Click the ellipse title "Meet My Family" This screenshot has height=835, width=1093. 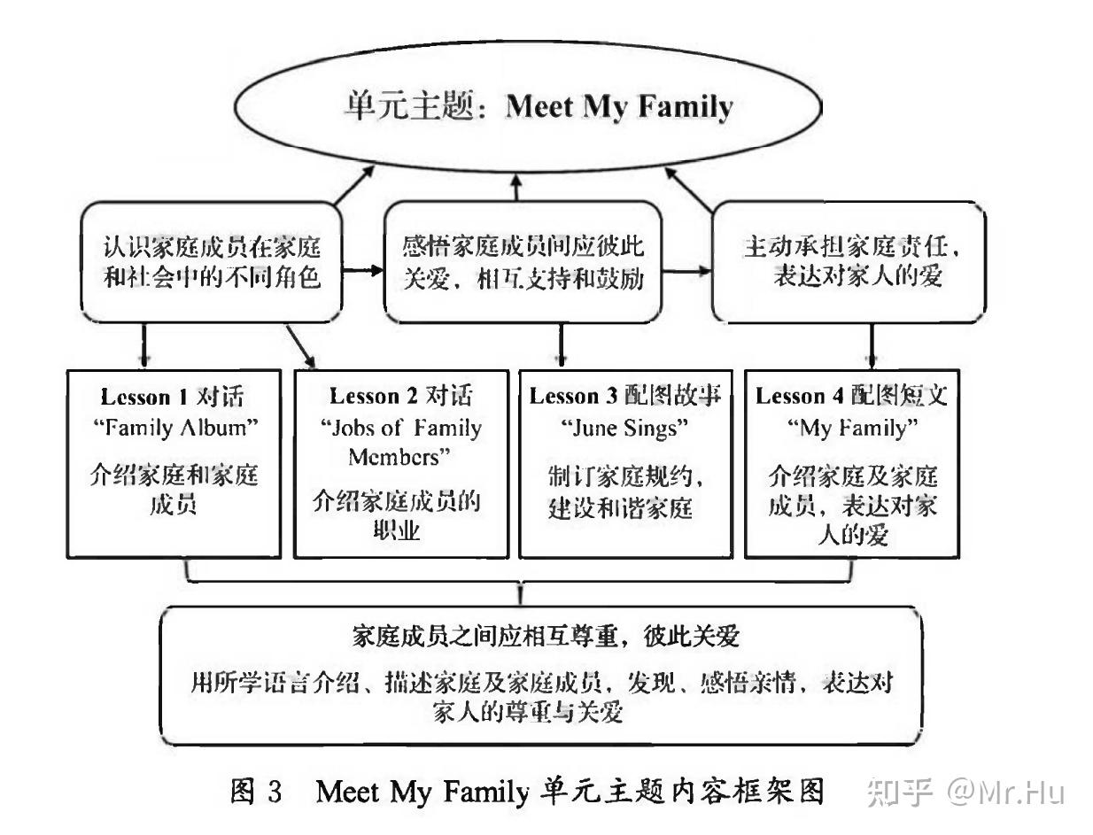[619, 106]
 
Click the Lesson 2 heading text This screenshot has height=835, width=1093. [402, 395]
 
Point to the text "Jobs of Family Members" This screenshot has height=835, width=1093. [402, 443]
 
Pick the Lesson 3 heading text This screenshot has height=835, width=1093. [626, 395]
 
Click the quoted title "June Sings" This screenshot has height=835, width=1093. [625, 428]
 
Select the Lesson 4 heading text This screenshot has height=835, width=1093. [851, 395]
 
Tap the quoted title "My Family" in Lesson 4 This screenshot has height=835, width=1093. [851, 428]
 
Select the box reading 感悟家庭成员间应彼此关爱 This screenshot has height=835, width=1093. [523, 261]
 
